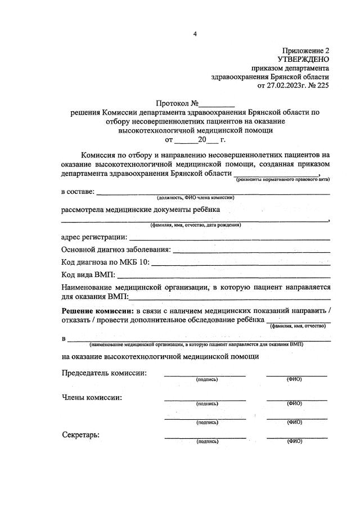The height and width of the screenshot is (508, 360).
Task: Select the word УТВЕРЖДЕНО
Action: (x=303, y=59)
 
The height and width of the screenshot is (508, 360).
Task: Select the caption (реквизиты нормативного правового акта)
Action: (x=282, y=179)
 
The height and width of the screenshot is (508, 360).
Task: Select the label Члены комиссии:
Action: (x=91, y=397)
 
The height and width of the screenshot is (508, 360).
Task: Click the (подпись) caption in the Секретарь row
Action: (x=207, y=442)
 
